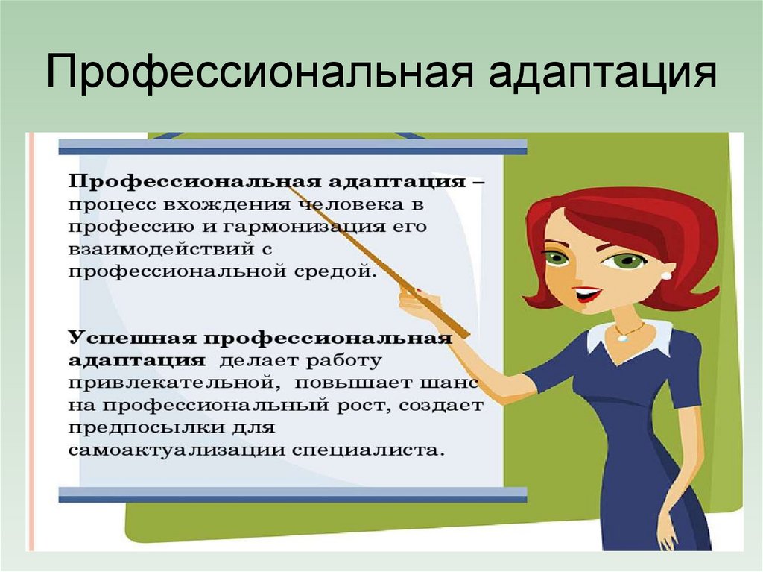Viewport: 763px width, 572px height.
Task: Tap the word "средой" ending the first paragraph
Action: point(341,270)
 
